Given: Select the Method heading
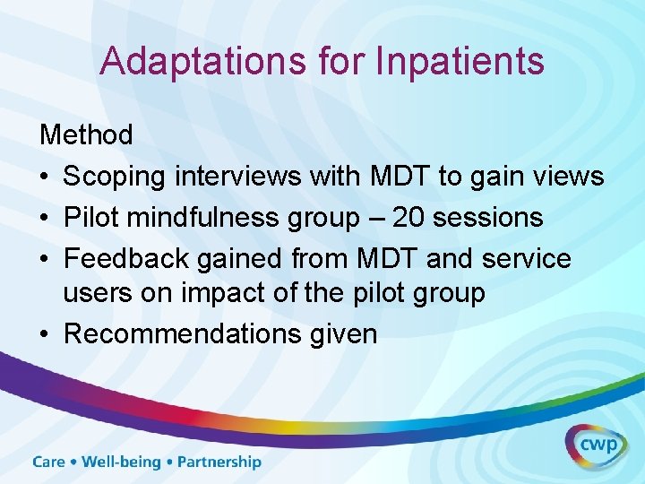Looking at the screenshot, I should [86, 135].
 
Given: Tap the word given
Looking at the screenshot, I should [348, 334].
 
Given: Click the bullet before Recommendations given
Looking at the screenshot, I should [46, 335].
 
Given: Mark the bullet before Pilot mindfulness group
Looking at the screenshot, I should [46, 219].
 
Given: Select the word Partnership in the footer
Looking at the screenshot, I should [219, 462].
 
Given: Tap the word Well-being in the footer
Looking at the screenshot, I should [121, 462].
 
